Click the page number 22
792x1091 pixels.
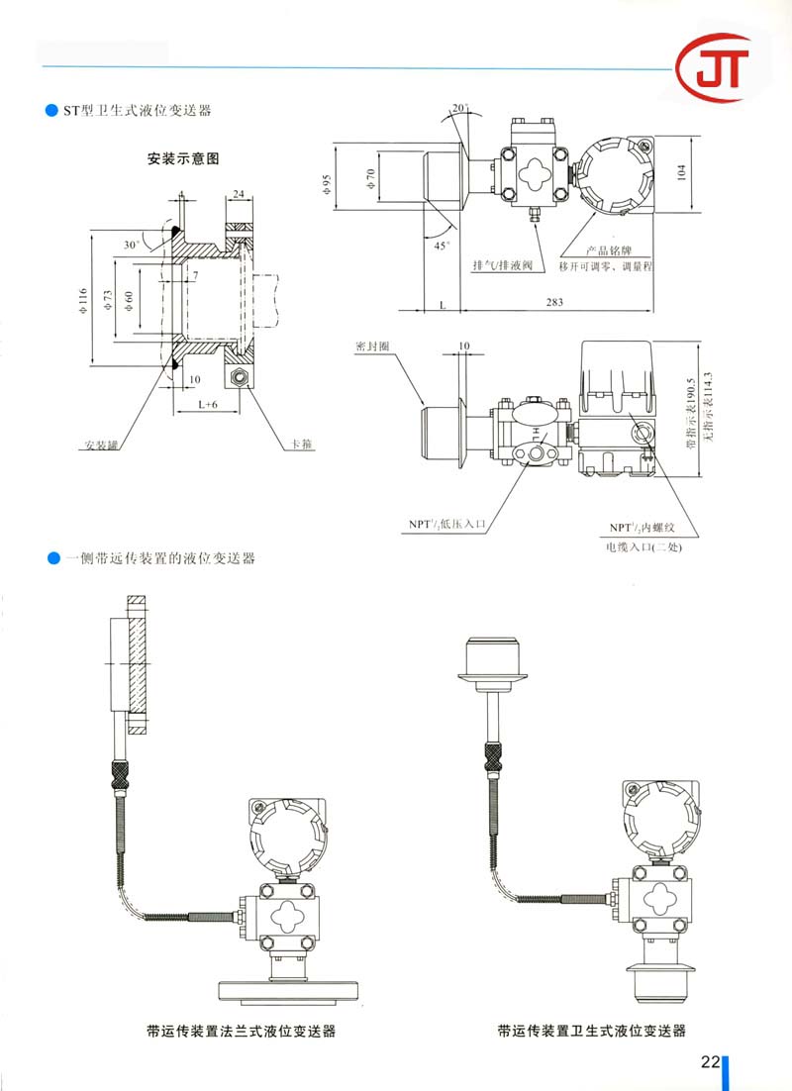709,1062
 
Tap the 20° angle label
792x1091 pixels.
461,107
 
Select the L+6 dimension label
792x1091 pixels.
207,404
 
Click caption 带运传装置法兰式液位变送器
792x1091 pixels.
241,1032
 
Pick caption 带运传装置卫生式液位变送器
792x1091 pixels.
592,1032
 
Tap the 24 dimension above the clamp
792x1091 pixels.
239,194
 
